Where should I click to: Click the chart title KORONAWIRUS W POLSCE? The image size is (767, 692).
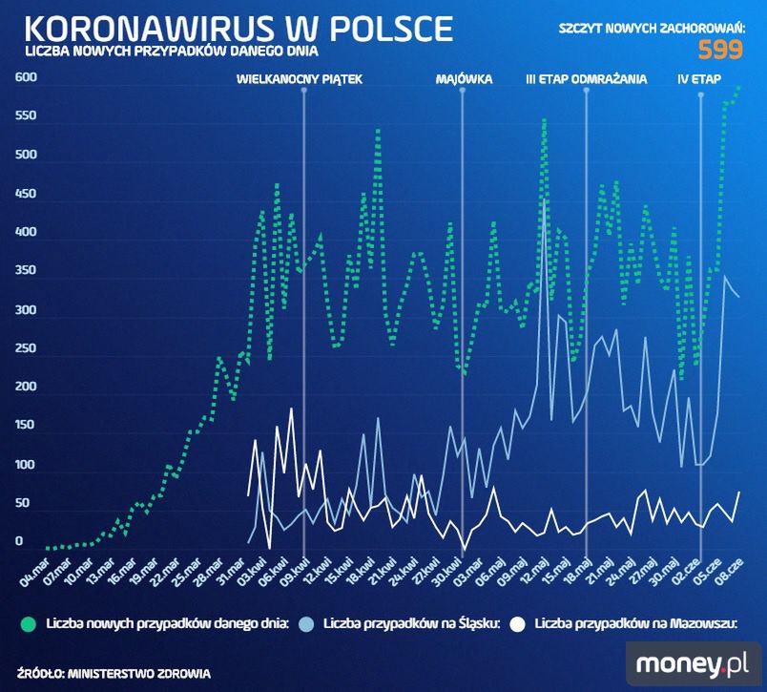[235, 28]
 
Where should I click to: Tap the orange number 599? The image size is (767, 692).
[721, 51]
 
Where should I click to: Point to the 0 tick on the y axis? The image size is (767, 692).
[18, 541]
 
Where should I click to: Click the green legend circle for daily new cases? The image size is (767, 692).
[29, 624]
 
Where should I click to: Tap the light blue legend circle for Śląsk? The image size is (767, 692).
[305, 624]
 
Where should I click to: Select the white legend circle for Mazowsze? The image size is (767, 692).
[519, 624]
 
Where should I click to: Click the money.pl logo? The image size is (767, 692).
[692, 661]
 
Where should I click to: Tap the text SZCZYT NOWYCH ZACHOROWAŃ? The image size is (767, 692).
[652, 30]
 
